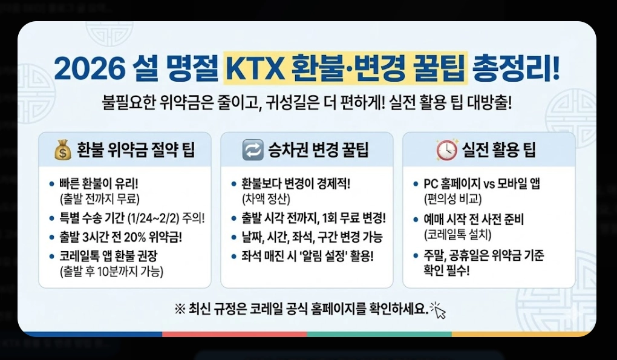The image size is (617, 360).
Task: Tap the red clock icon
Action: click(447, 150)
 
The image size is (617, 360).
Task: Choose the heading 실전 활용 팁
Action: click(499, 150)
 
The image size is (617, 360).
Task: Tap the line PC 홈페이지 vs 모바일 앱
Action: click(482, 183)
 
